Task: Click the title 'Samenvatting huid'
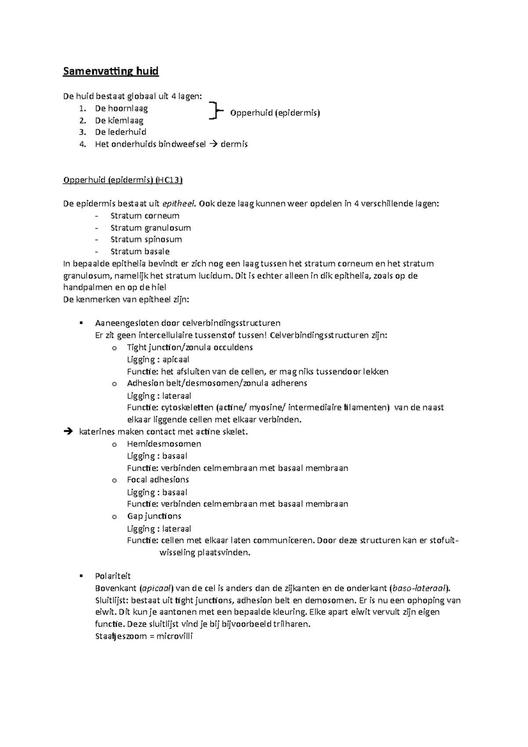tap(110, 71)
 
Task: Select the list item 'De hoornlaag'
tap(121, 108)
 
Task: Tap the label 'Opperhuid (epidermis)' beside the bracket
tap(275, 113)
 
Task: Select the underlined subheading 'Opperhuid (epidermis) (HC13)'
tap(123, 180)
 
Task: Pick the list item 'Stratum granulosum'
tap(150, 228)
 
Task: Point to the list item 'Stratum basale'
tap(140, 252)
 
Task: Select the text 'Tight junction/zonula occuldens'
tap(190, 347)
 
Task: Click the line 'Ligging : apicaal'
tap(158, 359)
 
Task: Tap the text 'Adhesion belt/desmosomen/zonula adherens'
tap(217, 383)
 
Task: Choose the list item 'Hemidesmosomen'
tap(164, 444)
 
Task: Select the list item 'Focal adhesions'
tap(158, 480)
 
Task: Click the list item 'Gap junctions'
tap(154, 516)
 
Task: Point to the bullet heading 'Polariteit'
tap(113, 576)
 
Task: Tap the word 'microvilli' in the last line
tap(175, 636)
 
